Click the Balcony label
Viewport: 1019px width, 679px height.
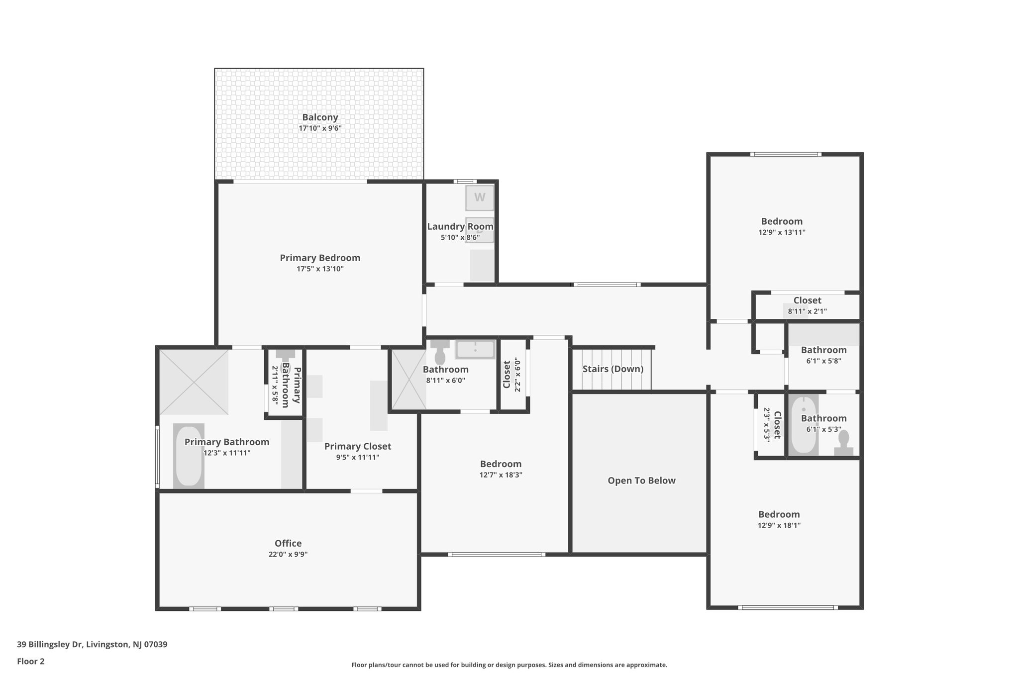click(320, 117)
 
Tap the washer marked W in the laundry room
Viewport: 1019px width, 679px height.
click(480, 197)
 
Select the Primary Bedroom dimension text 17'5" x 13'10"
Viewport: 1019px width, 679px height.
click(320, 269)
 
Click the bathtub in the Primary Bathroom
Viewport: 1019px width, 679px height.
click(189, 456)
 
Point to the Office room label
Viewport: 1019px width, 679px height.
click(288, 543)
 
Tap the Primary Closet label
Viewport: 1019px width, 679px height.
click(358, 446)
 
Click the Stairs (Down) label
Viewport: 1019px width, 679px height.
click(613, 369)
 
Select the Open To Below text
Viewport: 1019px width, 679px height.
click(641, 481)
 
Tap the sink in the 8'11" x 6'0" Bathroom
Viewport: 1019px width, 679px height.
click(475, 349)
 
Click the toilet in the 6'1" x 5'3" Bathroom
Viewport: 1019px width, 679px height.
click(844, 443)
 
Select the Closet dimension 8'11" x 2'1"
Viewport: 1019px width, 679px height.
click(807, 311)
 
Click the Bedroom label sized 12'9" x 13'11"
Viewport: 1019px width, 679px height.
click(782, 221)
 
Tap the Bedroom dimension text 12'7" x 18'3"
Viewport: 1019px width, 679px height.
click(501, 475)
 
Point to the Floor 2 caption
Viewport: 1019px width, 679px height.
click(31, 661)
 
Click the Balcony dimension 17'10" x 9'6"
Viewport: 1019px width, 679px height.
click(320, 128)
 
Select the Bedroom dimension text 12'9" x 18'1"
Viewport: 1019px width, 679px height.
click(779, 525)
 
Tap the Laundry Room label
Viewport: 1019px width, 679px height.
click(460, 226)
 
